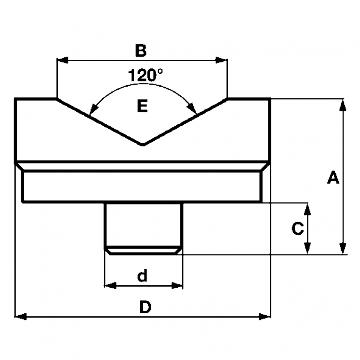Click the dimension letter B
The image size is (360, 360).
(x=140, y=50)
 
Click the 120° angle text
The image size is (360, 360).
(x=145, y=75)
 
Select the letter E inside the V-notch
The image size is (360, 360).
(x=142, y=106)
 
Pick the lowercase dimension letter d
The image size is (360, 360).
(x=142, y=276)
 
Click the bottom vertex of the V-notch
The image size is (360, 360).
(x=142, y=144)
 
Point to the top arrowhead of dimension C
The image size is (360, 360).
(x=307, y=209)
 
